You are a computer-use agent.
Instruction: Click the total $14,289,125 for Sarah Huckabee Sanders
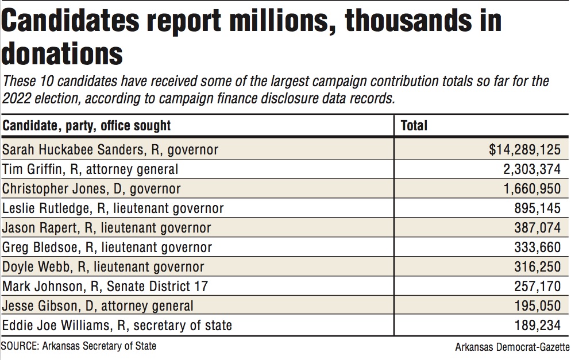click(524, 150)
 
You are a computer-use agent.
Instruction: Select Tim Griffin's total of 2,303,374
click(530, 169)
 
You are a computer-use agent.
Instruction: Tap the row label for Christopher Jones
click(91, 188)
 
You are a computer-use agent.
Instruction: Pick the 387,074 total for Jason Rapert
click(537, 227)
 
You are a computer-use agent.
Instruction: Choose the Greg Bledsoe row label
click(107, 247)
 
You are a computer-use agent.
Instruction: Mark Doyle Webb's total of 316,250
click(537, 267)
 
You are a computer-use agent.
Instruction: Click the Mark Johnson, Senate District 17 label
click(105, 286)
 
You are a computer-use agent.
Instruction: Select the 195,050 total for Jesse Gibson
click(537, 306)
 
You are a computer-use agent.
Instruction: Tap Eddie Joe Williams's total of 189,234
click(537, 326)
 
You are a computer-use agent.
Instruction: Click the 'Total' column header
click(414, 125)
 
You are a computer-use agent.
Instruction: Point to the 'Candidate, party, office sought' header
click(87, 125)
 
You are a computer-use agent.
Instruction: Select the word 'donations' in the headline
click(62, 55)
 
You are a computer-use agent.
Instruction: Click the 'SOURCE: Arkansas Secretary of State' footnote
click(79, 346)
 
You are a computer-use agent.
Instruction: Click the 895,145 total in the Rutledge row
click(537, 208)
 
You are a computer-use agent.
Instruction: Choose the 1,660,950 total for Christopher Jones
click(530, 188)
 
